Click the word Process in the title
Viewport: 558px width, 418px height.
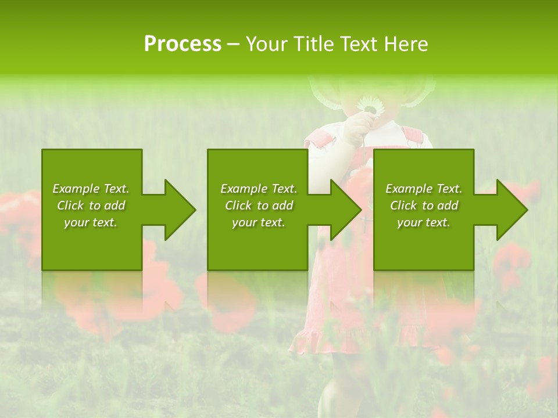tap(183, 44)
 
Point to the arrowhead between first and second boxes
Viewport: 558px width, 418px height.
tap(180, 210)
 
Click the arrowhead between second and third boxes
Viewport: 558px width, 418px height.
tap(346, 210)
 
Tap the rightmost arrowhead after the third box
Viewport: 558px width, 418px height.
tap(512, 210)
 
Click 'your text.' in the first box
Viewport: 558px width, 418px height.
tap(91, 222)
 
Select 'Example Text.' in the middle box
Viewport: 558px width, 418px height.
tap(258, 189)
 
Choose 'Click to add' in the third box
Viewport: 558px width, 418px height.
tap(424, 206)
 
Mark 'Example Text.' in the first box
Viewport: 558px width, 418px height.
tap(91, 189)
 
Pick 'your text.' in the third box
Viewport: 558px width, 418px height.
tap(424, 222)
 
